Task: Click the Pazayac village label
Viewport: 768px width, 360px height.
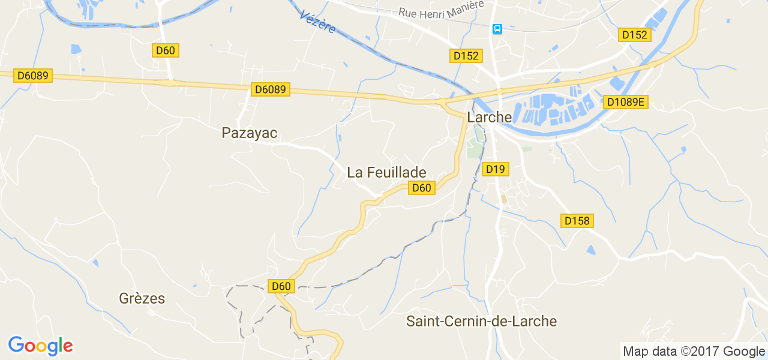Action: [250, 133]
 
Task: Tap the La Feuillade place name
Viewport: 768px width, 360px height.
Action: [386, 172]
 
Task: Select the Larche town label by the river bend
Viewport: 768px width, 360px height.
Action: [490, 117]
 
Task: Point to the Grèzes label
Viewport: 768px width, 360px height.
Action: [142, 298]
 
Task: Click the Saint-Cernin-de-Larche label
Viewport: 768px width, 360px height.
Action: [481, 321]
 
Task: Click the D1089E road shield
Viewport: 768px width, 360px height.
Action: [625, 102]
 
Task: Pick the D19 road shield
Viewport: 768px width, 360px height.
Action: [496, 169]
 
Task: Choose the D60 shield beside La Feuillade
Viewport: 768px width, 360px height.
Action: [421, 188]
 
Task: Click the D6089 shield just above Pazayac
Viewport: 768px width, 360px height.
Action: [271, 89]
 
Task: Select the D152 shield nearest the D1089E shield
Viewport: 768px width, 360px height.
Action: [634, 35]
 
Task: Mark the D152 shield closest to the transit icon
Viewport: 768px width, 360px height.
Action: [466, 56]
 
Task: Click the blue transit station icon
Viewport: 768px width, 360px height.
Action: [497, 28]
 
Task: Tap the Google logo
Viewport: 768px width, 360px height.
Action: [40, 346]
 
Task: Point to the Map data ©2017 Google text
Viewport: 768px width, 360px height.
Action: [694, 352]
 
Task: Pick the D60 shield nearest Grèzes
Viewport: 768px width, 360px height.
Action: [281, 286]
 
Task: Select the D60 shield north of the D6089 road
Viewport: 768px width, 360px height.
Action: [165, 50]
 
